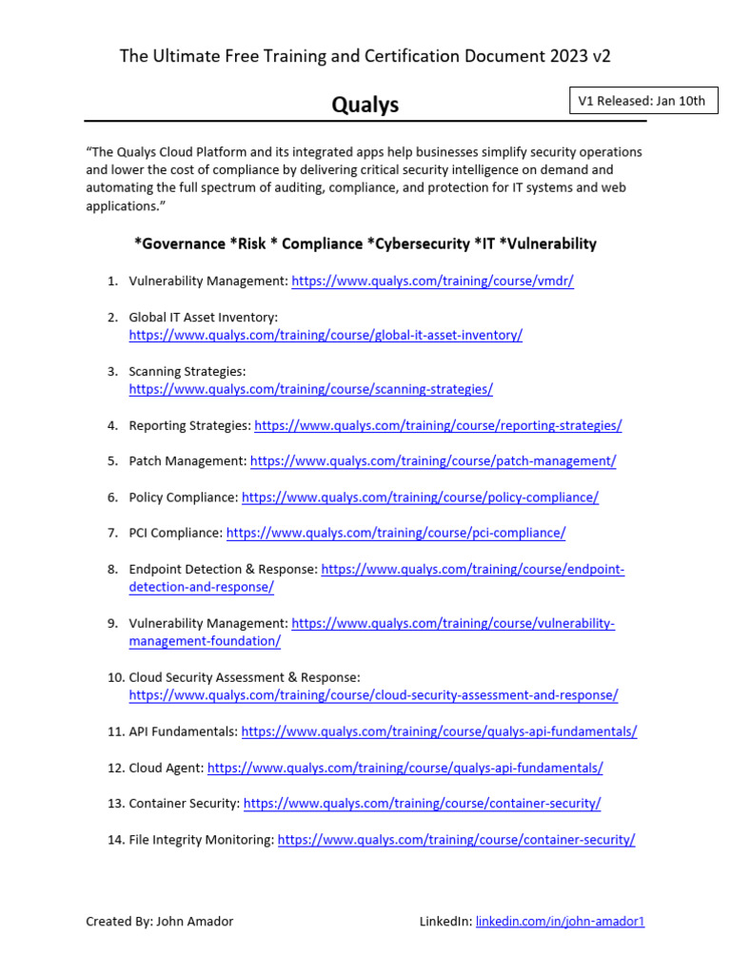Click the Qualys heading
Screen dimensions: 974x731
click(365, 105)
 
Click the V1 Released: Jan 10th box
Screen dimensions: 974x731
click(642, 101)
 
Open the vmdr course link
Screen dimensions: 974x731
click(432, 281)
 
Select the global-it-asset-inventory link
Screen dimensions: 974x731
click(326, 335)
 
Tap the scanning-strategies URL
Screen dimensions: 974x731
click(310, 389)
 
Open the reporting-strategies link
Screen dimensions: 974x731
click(438, 425)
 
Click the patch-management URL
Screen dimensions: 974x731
click(433, 461)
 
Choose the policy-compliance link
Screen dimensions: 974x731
click(420, 497)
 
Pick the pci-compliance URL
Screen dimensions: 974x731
click(396, 534)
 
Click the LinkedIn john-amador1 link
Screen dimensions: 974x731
click(560, 921)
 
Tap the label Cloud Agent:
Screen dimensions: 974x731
click(166, 768)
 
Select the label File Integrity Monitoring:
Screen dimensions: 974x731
click(201, 840)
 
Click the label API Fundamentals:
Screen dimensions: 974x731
click(183, 731)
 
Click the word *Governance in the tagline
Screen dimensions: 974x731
click(179, 243)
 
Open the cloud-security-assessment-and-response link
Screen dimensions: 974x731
click(373, 695)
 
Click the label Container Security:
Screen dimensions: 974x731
click(184, 804)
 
